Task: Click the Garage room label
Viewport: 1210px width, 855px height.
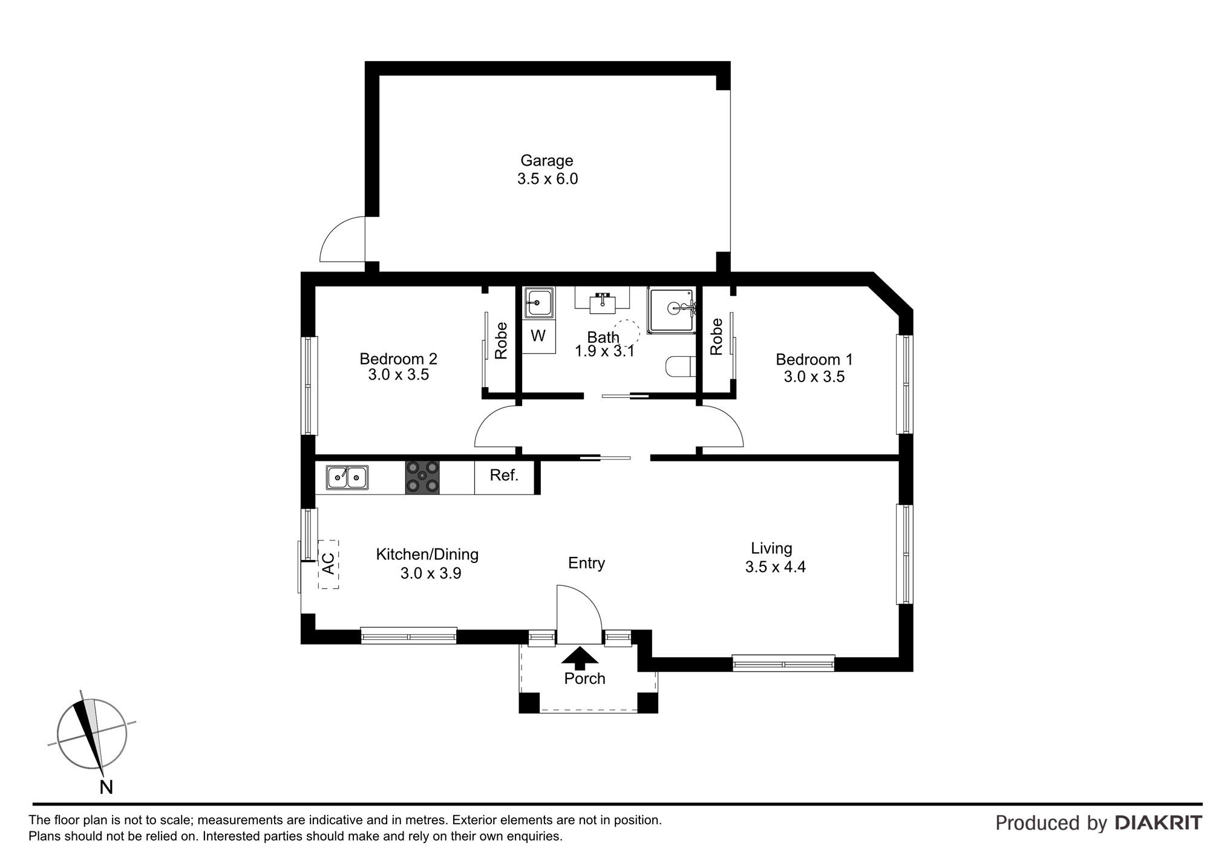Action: click(x=547, y=161)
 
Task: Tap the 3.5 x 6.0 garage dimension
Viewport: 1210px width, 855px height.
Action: click(x=548, y=179)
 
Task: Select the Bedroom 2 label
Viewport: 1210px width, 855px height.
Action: click(x=398, y=359)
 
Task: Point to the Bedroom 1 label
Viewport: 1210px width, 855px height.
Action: click(x=814, y=360)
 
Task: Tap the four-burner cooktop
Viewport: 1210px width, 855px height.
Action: click(x=422, y=478)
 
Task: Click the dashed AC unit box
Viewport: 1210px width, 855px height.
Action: click(x=329, y=564)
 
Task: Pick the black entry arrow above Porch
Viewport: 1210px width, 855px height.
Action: click(x=580, y=657)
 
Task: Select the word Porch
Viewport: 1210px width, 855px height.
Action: click(x=584, y=678)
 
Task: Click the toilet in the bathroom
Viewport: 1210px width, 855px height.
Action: click(x=680, y=366)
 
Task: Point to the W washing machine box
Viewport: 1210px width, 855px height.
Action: click(x=538, y=336)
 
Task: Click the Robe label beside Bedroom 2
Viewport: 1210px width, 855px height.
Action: click(x=501, y=341)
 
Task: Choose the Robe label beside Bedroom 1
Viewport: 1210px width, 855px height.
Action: click(x=716, y=337)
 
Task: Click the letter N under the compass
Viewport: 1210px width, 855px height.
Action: click(x=106, y=787)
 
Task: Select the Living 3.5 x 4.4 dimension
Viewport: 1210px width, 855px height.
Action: click(x=776, y=567)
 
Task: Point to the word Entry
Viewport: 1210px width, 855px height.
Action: click(x=586, y=564)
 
